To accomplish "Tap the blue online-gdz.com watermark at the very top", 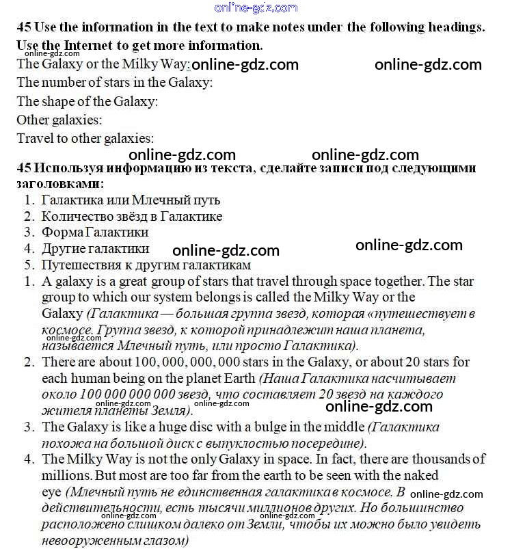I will tap(256, 8).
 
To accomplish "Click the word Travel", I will tap(35, 138).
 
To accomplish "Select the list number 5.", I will tap(29, 265).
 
